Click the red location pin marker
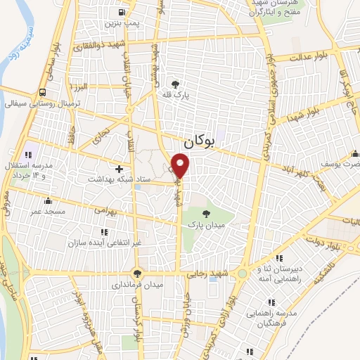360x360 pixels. [181, 166]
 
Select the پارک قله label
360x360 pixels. [184, 95]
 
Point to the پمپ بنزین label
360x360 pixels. [122, 22]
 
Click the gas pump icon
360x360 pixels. [122, 12]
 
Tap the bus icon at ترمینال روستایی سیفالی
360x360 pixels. [44, 92]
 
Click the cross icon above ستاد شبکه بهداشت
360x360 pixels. [119, 169]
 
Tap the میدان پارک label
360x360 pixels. [205, 225]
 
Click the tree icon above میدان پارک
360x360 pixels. [205, 214]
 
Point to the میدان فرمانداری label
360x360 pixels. [139, 285]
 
